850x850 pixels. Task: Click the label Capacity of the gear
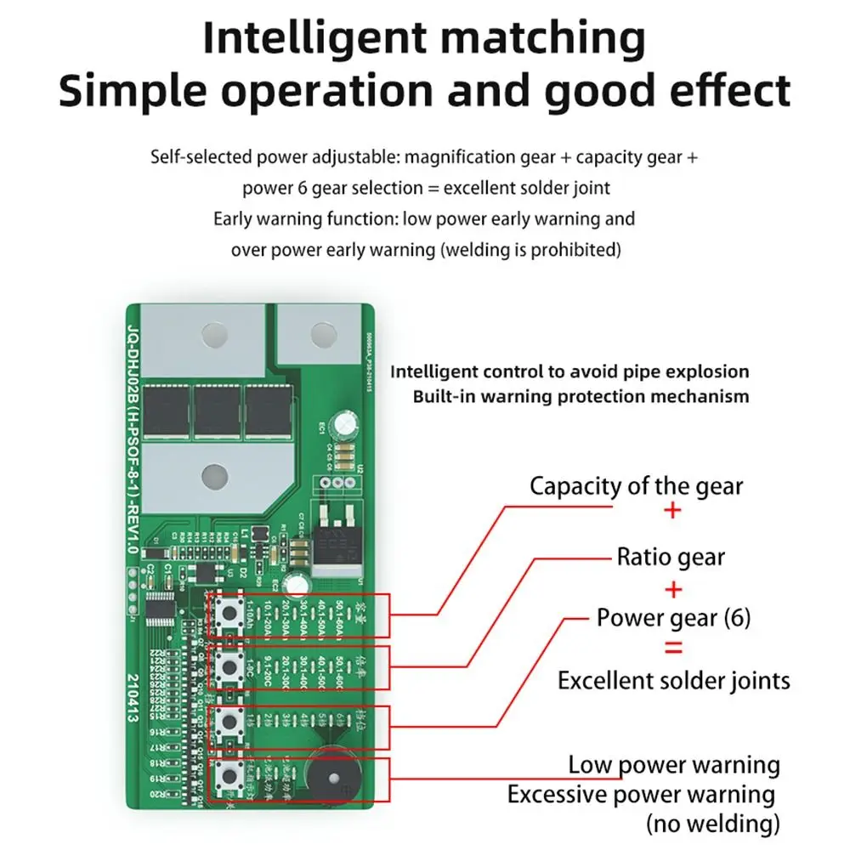(636, 486)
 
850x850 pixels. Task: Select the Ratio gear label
(671, 558)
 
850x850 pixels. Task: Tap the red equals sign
(672, 649)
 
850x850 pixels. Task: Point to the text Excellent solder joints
(673, 680)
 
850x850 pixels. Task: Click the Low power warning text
(674, 764)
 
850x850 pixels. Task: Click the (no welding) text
(713, 823)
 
